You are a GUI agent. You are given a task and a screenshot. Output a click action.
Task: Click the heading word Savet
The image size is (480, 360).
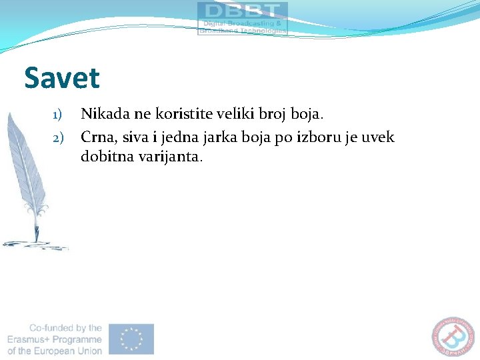pos(62,78)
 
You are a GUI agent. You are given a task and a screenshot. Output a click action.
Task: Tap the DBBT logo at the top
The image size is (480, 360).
pos(243,18)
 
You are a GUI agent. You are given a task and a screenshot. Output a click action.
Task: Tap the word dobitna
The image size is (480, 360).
pos(105,157)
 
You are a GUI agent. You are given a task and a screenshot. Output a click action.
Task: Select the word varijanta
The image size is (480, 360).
pos(169,157)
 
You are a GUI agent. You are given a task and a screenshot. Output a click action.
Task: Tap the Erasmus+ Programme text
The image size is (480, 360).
pos(55,339)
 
